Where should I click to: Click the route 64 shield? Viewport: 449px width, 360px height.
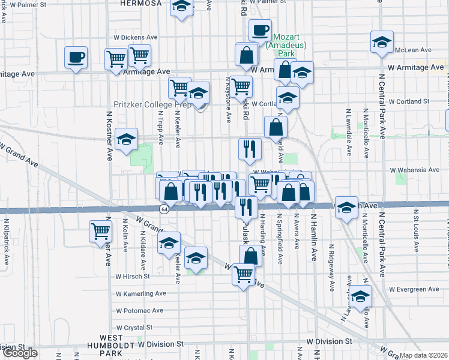point(164,209)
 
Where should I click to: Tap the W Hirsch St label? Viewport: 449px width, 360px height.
point(132,277)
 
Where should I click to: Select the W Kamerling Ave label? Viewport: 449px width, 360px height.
point(140,293)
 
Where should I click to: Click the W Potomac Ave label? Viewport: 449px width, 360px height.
point(139,310)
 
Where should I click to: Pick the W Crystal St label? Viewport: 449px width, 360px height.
point(134,328)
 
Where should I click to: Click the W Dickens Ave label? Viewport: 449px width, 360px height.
point(135,37)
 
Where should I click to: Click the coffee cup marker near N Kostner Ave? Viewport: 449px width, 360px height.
point(76,58)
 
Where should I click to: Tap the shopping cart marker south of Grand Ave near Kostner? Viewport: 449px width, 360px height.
point(100,231)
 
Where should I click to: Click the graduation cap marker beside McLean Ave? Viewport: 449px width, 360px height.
point(382,42)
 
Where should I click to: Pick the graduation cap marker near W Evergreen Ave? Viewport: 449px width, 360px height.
point(361,296)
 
